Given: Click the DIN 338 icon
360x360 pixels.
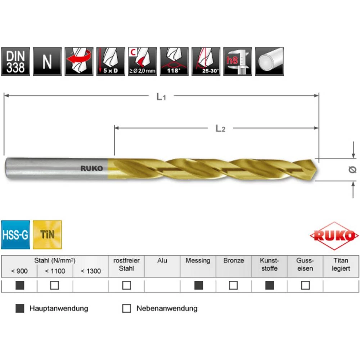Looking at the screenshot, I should point(15,62).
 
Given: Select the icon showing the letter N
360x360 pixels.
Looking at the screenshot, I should point(47,62).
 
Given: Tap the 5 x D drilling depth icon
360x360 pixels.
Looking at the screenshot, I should point(111,62).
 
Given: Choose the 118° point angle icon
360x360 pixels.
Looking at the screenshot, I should point(174,62).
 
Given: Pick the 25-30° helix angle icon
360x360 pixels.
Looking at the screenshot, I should point(206,62).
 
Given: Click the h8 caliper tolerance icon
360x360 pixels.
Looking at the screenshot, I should point(237,62).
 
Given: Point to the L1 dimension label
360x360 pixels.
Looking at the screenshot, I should point(161,96).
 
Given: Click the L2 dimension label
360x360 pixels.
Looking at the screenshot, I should point(220,129).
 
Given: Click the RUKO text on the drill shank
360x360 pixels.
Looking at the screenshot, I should point(92,168).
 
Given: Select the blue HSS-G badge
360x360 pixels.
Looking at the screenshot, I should point(15,235).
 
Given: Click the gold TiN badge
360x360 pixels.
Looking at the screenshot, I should point(47,235).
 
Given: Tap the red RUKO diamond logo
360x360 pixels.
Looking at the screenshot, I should point(334,236).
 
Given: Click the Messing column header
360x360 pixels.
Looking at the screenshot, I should point(198,260).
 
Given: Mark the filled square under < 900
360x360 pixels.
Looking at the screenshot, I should point(20,285).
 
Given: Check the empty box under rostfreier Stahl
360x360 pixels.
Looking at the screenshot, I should point(126,285).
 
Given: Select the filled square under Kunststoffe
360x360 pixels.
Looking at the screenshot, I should point(269,285).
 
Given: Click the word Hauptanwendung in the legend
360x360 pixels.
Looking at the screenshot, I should point(59,309).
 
